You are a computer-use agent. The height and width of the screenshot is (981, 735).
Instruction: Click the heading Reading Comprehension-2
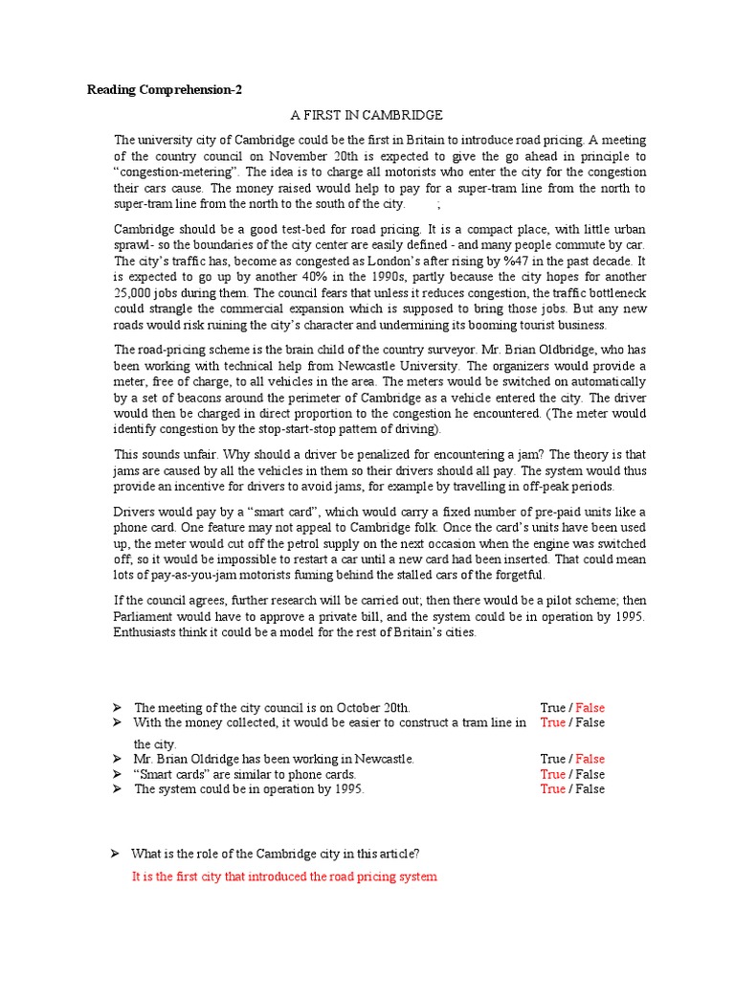(165, 90)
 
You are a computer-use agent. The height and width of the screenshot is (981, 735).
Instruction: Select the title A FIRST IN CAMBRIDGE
(367, 115)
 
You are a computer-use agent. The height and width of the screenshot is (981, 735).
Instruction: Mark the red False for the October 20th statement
(590, 708)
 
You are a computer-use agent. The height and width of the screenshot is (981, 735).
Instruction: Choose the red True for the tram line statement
(552, 723)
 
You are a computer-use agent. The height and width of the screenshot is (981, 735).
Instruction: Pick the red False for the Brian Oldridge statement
(590, 759)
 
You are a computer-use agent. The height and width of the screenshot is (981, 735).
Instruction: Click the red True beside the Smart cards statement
(552, 774)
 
